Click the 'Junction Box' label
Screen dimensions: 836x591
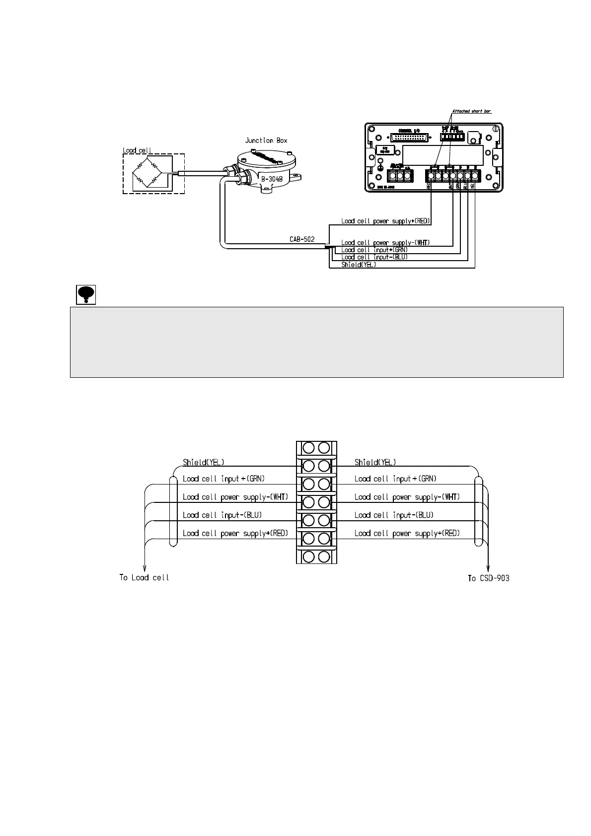[266, 140]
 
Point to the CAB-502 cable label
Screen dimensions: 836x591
[302, 239]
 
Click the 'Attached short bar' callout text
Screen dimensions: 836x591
[471, 111]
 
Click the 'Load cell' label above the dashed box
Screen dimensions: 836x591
[138, 150]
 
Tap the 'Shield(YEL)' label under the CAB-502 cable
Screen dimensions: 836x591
[359, 265]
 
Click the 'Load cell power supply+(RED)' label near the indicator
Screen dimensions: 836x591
[385, 221]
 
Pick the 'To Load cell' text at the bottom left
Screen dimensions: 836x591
[144, 578]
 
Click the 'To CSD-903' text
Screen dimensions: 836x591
[489, 578]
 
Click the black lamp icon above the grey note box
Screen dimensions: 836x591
[86, 294]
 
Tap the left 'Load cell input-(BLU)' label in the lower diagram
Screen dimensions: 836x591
[222, 515]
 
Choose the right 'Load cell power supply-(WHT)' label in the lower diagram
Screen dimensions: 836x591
[407, 497]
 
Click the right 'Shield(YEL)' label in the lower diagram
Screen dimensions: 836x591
[375, 462]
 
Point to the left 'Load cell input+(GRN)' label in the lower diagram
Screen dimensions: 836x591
[223, 479]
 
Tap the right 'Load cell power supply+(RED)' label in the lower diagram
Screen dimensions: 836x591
[407, 533]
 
